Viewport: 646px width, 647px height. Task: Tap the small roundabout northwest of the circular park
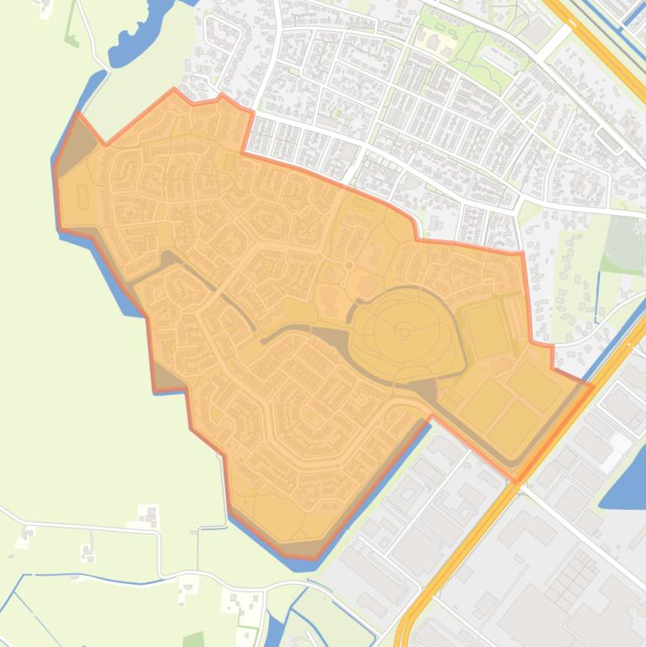(x=349, y=266)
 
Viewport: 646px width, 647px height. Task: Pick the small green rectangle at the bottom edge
(x=193, y=639)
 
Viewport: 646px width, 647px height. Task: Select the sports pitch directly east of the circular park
(x=487, y=329)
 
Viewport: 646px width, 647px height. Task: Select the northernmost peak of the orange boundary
(x=175, y=89)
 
